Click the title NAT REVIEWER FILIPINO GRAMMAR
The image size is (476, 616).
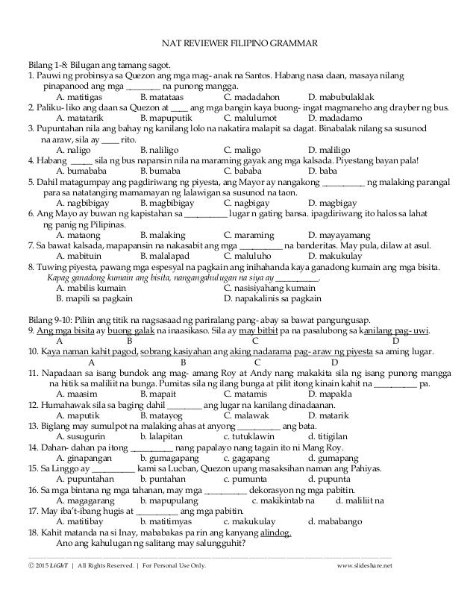(x=237, y=43)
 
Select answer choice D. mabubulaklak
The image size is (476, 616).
(x=342, y=97)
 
